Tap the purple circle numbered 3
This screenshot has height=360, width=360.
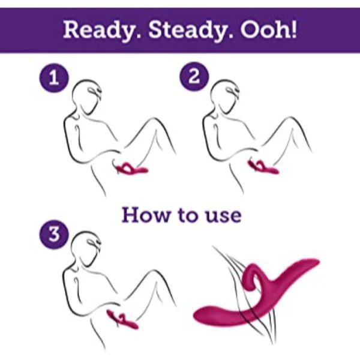tap(53, 234)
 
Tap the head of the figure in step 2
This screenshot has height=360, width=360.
tap(226, 99)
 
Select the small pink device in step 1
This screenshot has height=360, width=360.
tap(132, 169)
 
